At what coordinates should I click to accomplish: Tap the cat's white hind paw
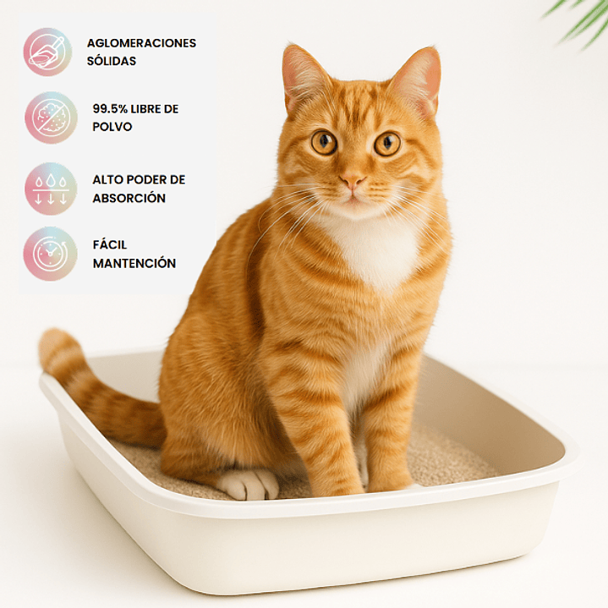[x=248, y=485]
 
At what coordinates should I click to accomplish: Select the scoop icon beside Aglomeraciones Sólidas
[x=47, y=52]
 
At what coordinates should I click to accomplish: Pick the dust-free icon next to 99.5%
[x=51, y=118]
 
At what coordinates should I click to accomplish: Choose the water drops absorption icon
[x=51, y=189]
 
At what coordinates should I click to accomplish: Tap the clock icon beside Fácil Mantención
[x=51, y=254]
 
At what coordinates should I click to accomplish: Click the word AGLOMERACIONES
[x=141, y=43]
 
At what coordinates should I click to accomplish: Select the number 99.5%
[x=110, y=109]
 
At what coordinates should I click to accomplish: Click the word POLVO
[x=112, y=127]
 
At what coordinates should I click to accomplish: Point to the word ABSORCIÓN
[x=129, y=198]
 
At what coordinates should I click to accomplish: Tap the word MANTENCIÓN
[x=134, y=263]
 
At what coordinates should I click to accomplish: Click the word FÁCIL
[x=110, y=244]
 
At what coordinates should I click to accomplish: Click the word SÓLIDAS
[x=112, y=61]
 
